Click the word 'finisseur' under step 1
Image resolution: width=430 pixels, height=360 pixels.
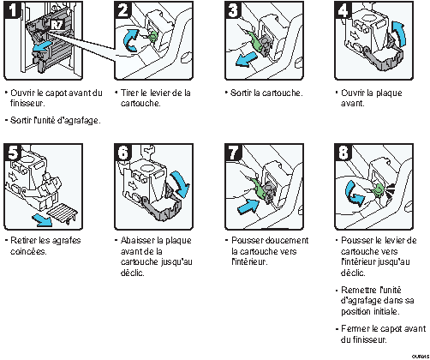[27, 102]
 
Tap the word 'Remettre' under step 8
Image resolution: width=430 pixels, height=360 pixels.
[361, 291]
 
